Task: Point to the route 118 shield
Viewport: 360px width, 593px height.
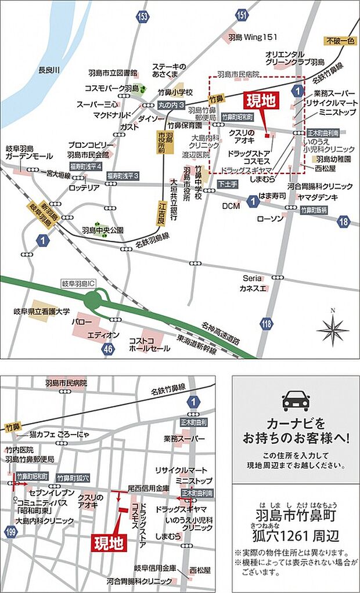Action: click(267, 324)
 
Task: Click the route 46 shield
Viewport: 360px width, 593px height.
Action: click(106, 349)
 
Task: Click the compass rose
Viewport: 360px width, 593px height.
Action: click(333, 331)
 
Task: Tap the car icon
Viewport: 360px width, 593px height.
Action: click(296, 401)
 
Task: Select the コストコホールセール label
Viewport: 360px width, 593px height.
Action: click(150, 344)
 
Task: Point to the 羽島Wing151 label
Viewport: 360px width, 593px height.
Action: click(253, 37)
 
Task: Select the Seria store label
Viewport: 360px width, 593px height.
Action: click(252, 278)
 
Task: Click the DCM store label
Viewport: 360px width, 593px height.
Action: click(231, 206)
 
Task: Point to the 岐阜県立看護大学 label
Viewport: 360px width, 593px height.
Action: click(41, 312)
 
